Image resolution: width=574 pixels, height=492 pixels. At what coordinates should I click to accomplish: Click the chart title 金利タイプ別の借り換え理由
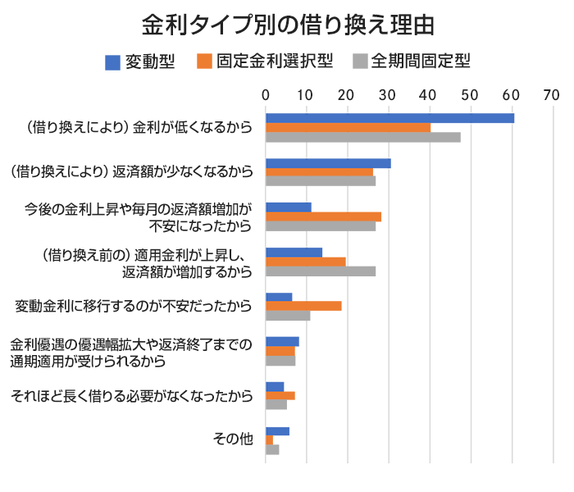(287, 25)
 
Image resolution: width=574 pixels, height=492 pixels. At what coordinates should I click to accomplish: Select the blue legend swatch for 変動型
(114, 61)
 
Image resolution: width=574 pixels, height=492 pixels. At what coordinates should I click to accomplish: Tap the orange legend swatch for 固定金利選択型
(205, 61)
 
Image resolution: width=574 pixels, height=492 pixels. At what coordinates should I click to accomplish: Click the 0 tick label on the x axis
(266, 95)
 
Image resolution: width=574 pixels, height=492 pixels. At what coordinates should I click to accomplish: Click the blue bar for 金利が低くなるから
(389, 117)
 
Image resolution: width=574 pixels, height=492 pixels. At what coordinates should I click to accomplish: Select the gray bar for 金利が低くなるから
(362, 137)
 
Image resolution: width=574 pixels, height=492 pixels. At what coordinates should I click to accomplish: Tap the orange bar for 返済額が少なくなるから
(319, 172)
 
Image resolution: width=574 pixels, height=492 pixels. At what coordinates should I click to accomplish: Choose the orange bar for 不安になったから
(323, 216)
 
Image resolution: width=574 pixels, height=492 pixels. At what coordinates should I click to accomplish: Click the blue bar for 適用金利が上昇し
(294, 252)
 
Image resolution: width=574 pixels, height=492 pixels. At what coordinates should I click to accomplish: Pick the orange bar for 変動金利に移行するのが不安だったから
(303, 306)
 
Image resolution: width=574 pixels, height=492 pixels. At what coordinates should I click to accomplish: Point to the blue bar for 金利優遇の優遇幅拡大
(282, 341)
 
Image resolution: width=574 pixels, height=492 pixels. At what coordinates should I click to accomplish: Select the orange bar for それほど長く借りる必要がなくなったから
(280, 395)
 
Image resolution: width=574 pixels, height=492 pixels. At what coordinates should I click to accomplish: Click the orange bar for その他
(269, 440)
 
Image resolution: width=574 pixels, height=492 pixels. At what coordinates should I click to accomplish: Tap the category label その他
(234, 440)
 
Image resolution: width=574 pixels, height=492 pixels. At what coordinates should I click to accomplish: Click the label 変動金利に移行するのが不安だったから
(133, 306)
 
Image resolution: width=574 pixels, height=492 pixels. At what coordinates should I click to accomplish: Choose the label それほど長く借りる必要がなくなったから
(131, 396)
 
